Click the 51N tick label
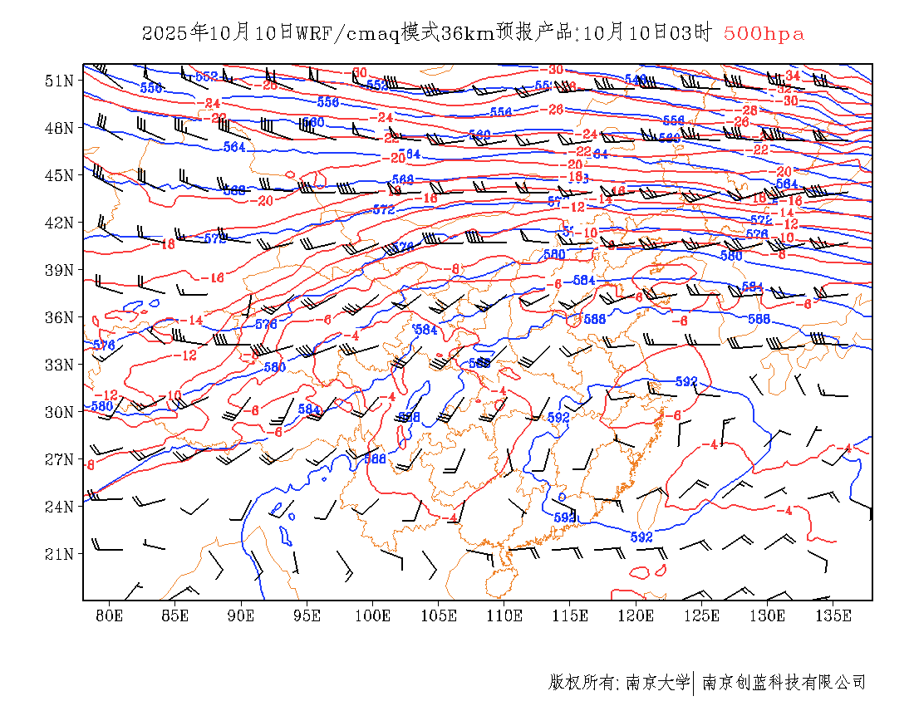[x=59, y=81]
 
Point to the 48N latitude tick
[x=59, y=128]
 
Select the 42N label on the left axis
[x=59, y=223]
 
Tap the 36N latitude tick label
[x=59, y=317]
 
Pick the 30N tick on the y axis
[x=59, y=412]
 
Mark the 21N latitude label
[x=59, y=554]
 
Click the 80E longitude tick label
[x=110, y=615]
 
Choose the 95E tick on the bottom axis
[x=307, y=615]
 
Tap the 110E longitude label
[x=504, y=615]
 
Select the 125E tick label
[x=702, y=615]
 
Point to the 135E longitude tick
[x=833, y=615]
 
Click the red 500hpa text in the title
[x=764, y=33]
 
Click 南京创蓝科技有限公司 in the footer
[x=784, y=683]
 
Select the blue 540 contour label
[x=636, y=80]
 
